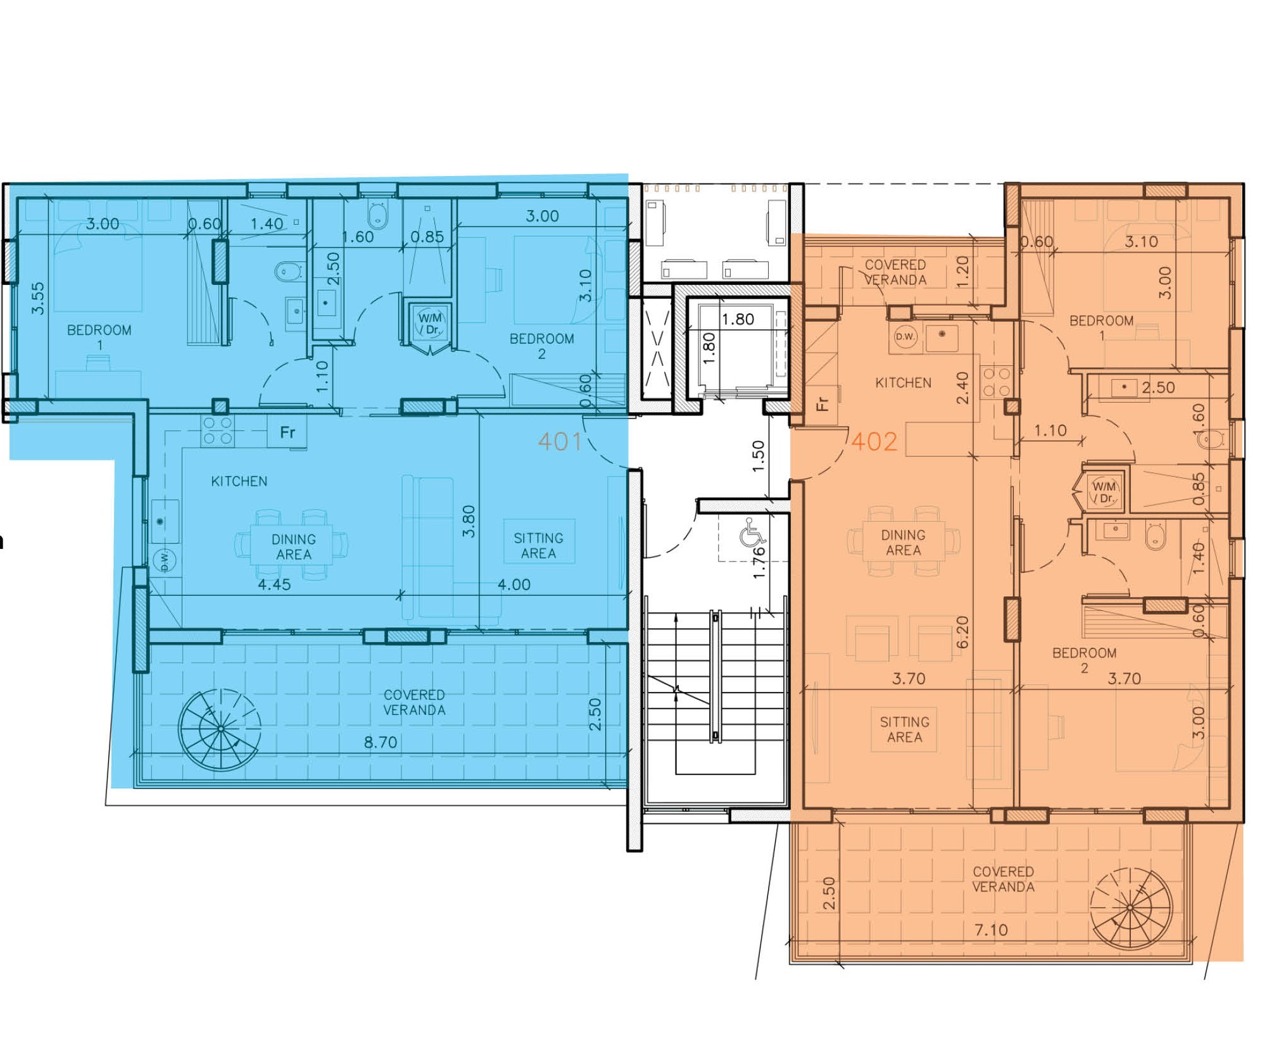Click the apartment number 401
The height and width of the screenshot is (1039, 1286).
560,441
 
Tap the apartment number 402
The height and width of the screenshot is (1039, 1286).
874,441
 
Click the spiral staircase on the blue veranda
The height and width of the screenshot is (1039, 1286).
220,729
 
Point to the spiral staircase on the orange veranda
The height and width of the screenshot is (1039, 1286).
1130,907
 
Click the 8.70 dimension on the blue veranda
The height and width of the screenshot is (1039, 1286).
381,742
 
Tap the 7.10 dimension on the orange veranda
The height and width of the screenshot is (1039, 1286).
991,930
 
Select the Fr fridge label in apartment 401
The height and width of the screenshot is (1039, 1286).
287,432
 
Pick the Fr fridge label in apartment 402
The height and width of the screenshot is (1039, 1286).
822,404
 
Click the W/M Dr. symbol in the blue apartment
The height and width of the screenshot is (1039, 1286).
430,324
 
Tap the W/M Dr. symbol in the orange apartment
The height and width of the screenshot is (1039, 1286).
1104,492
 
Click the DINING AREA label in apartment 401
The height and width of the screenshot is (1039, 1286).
293,547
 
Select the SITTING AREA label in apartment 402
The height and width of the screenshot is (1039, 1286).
904,729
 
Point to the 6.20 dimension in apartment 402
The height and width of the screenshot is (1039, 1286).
962,632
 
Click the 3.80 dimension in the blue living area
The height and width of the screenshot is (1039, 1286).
469,521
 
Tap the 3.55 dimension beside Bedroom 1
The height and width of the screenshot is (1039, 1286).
38,298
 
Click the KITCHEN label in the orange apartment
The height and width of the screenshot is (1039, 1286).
903,382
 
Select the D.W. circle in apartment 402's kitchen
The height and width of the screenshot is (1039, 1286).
905,336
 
